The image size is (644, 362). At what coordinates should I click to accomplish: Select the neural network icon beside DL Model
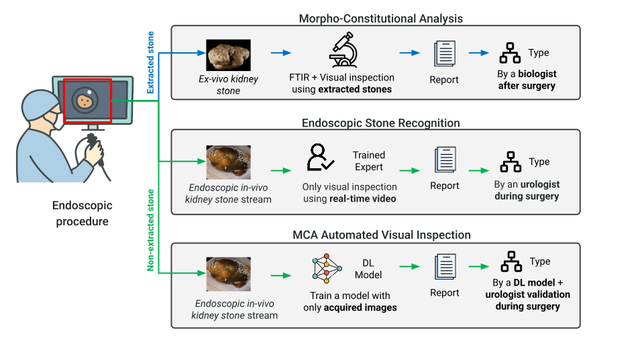(326, 267)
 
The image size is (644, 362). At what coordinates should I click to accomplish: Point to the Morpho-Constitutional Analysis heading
(381, 18)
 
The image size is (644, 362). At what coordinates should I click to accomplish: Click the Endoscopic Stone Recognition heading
(381, 123)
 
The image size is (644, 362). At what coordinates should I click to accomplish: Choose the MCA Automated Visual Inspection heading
(381, 235)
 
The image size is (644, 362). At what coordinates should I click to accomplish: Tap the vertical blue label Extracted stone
(151, 62)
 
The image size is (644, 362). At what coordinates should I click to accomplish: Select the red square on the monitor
(87, 101)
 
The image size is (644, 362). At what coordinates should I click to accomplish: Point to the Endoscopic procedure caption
(82, 213)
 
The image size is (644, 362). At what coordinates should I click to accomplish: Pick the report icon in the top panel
(444, 53)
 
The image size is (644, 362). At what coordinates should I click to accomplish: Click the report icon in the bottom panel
(444, 266)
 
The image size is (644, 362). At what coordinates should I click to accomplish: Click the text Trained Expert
(369, 161)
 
